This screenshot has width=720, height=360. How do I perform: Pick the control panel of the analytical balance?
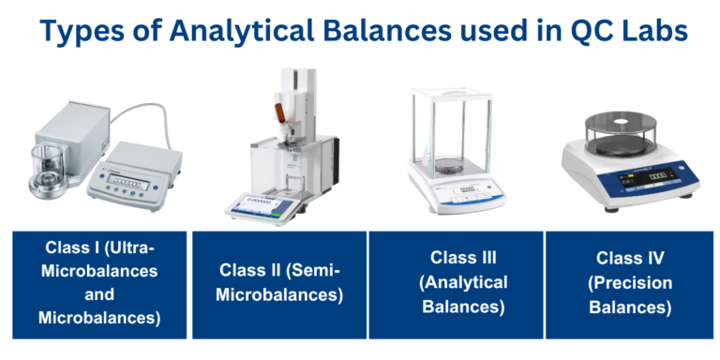tap(457, 191)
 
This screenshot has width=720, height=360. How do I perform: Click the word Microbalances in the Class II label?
tap(280, 295)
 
